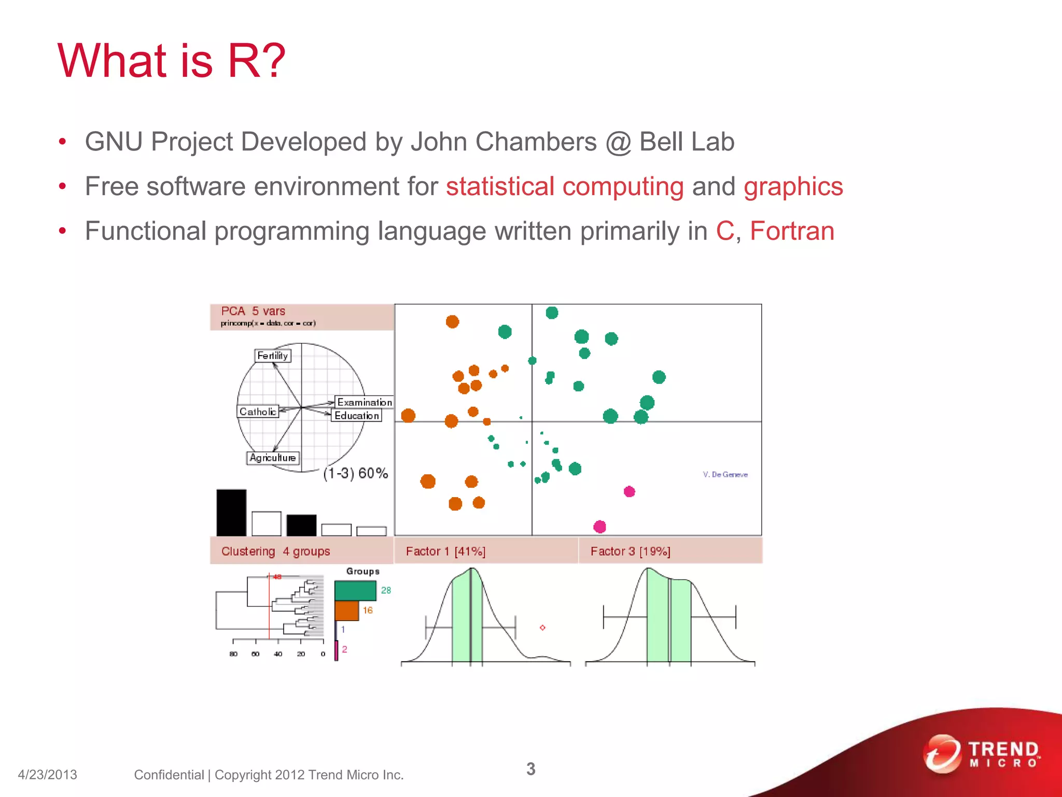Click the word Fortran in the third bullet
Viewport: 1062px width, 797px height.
(x=792, y=231)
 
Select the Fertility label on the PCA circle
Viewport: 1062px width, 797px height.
(x=273, y=355)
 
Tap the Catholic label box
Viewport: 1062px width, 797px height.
(x=258, y=411)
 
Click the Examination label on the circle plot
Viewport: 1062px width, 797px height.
(x=365, y=402)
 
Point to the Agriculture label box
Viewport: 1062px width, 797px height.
(x=273, y=458)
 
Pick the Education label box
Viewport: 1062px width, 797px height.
(x=357, y=416)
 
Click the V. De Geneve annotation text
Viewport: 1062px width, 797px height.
(x=725, y=474)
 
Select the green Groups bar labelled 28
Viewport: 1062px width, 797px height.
(x=355, y=590)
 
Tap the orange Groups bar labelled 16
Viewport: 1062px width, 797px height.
(x=346, y=611)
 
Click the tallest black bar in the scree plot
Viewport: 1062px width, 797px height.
(x=231, y=513)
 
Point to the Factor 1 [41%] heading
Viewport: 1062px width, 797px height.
(x=445, y=551)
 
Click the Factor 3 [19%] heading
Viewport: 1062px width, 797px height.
(x=630, y=551)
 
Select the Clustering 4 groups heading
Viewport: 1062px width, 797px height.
(x=275, y=551)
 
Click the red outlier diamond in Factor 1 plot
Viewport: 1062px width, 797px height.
(x=542, y=628)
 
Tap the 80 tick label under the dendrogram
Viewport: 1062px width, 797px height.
(x=233, y=654)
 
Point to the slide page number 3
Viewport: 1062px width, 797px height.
(x=530, y=768)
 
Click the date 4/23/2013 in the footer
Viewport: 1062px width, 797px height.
(x=47, y=775)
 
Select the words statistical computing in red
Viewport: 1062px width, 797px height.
(x=565, y=186)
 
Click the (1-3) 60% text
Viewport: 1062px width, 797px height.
(x=356, y=473)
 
